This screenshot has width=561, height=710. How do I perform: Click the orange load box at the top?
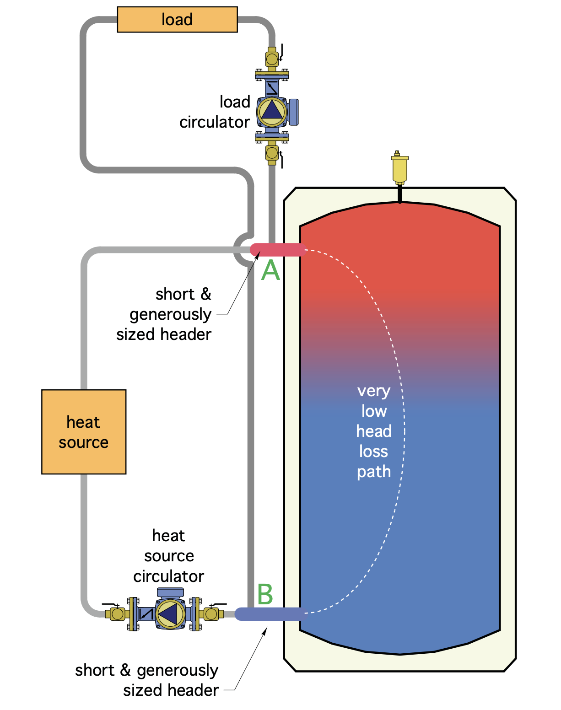tap(177, 20)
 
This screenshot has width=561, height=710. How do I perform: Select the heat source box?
tap(84, 432)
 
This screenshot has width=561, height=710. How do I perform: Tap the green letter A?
tap(270, 270)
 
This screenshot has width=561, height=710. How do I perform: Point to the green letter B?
tap(265, 594)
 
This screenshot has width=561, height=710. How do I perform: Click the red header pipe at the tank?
tap(277, 250)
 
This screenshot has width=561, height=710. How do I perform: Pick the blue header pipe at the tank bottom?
tap(270, 614)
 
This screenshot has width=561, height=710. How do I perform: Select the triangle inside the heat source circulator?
tap(169, 614)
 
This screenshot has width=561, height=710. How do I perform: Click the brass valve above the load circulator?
tap(272, 59)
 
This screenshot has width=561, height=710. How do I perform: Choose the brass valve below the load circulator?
tap(272, 152)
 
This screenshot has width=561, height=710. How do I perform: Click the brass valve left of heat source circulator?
tap(117, 613)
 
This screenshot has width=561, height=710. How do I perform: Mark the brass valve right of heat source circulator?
tap(211, 613)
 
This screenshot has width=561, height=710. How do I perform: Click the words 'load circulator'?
tap(215, 112)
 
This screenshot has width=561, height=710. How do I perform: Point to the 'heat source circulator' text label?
tap(169, 555)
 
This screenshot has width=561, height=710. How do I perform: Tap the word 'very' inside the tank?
tap(374, 391)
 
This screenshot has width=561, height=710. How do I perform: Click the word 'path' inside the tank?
tap(374, 472)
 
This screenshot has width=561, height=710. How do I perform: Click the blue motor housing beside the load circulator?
tap(293, 112)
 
